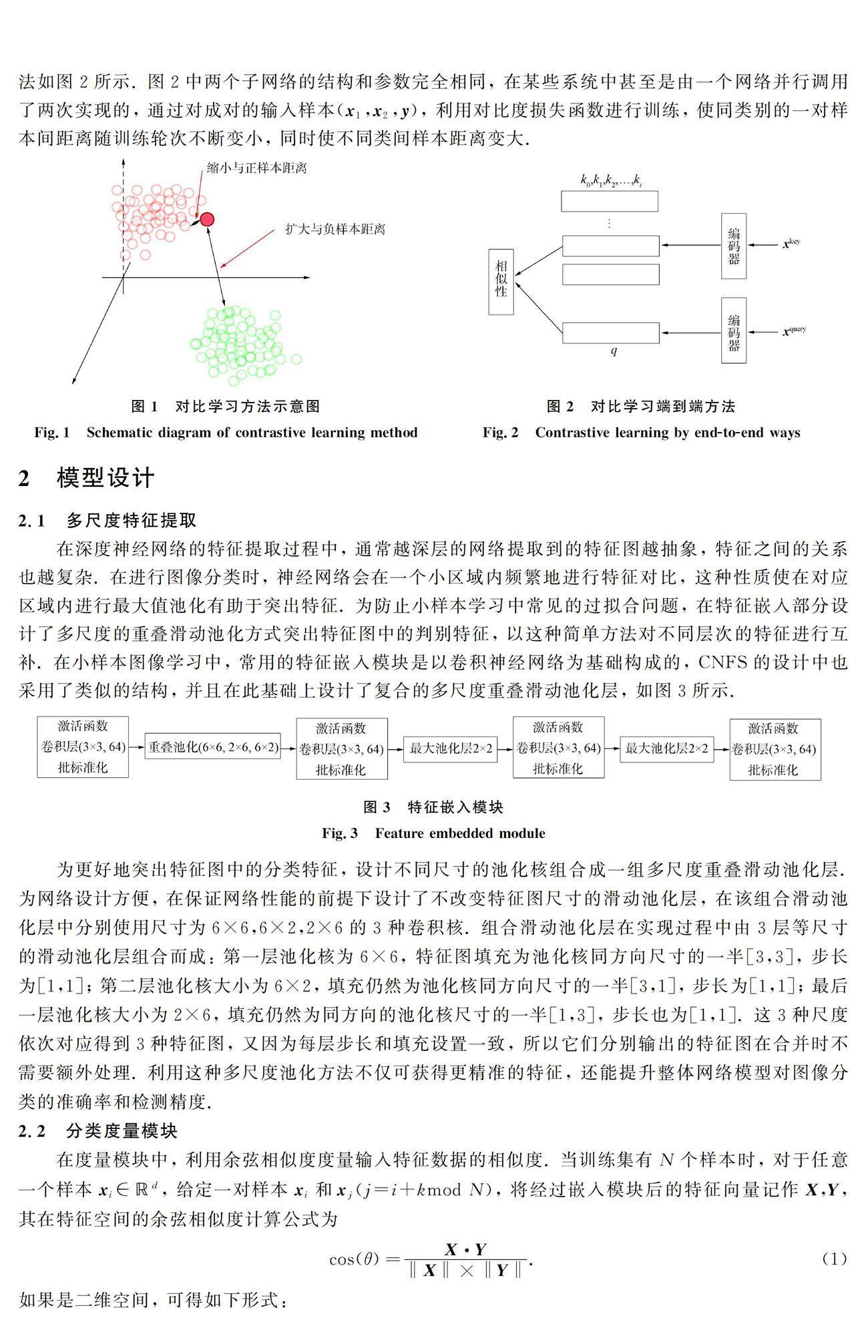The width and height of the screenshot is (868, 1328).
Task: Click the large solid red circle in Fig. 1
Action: tap(207, 219)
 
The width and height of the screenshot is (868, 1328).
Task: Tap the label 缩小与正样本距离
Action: tap(256, 168)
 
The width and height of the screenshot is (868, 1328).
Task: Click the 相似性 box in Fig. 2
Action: tap(501, 282)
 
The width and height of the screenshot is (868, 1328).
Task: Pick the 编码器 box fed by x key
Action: tap(734, 246)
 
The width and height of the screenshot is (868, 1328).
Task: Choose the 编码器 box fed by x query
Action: tap(734, 331)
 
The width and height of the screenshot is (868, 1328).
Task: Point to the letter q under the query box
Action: tap(614, 351)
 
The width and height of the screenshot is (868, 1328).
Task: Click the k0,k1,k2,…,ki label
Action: tap(611, 180)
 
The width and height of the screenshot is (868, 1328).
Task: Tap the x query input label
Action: tap(794, 331)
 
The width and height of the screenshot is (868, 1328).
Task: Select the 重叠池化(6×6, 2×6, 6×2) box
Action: tap(213, 748)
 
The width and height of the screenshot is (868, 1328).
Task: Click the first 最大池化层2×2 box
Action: tap(451, 748)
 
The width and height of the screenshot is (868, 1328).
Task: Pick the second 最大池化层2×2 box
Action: tap(666, 748)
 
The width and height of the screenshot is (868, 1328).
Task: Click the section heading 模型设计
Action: tap(105, 478)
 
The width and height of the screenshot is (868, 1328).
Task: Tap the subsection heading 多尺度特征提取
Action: tap(131, 520)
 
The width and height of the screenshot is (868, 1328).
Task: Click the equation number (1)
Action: tap(834, 1259)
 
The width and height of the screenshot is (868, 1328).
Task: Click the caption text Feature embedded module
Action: tap(459, 833)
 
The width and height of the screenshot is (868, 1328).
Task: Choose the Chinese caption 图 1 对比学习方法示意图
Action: tap(226, 406)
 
